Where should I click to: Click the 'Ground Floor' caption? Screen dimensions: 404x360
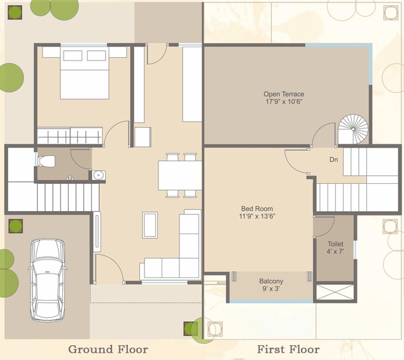pos(108,349)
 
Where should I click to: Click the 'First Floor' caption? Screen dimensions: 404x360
pos(288,349)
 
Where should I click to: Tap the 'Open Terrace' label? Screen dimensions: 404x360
pos(284,94)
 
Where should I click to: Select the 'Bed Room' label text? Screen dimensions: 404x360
pos(257,209)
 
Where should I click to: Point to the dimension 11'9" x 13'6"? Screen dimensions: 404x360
pos(257,216)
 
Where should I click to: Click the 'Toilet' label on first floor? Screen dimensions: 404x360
pos(335,244)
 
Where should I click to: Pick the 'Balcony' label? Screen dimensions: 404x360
pos(271,281)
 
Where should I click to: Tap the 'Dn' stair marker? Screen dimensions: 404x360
pos(333,160)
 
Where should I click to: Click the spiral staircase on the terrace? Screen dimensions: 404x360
pos(353,129)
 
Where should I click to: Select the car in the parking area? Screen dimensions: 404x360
pos(48,280)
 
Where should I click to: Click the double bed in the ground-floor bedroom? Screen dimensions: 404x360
pos(85,73)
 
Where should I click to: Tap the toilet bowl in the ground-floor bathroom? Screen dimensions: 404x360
pos(46,161)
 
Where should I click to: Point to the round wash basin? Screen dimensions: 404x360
pos(98,176)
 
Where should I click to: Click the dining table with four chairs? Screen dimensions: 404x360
pos(180,176)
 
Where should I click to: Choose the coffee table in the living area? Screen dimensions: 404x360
pos(150,225)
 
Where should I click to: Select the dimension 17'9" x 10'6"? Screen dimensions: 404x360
pos(284,102)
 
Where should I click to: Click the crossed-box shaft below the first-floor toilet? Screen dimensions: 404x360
pos(335,292)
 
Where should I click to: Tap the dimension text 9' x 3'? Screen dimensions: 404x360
pos(271,289)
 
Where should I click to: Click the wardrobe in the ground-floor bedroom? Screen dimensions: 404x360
pos(70,135)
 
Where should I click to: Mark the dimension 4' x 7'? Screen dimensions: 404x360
pos(335,251)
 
